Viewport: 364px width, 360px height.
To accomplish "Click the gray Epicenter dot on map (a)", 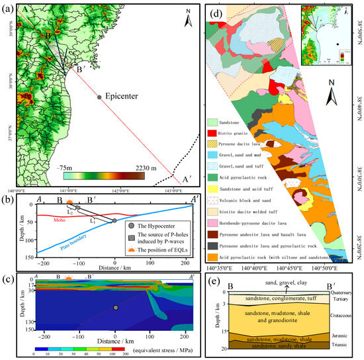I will (99, 97).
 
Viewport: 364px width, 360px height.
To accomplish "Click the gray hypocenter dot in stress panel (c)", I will (116, 307).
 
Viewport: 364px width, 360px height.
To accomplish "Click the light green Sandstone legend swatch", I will (213, 122).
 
